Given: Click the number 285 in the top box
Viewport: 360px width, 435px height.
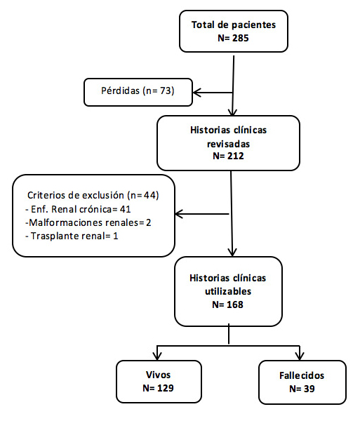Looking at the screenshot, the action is click(x=241, y=38).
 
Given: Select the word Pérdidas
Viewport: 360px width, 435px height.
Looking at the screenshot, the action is click(x=120, y=91).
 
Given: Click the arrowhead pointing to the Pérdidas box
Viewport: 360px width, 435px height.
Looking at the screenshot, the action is click(x=196, y=93).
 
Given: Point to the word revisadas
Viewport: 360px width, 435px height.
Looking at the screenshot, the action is click(x=228, y=144).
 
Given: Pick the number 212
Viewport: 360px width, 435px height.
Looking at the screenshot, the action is click(x=236, y=156).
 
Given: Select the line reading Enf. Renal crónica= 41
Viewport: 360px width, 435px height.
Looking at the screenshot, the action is click(x=78, y=209).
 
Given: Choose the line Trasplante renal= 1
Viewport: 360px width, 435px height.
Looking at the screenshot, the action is click(x=72, y=236).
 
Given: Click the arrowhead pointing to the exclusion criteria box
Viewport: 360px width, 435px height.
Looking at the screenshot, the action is click(x=179, y=214).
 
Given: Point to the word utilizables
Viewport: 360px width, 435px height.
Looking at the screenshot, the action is click(x=228, y=292).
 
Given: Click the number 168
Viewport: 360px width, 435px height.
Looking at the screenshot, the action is click(x=235, y=304).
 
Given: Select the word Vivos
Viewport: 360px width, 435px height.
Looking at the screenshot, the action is click(x=158, y=375).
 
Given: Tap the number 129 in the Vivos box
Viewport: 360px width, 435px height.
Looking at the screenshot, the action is click(x=166, y=388).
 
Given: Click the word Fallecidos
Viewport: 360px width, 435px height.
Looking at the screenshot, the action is click(x=302, y=375).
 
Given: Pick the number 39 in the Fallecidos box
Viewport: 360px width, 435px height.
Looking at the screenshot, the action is click(x=309, y=389).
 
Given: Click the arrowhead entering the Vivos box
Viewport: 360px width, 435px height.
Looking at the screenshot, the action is click(x=157, y=356).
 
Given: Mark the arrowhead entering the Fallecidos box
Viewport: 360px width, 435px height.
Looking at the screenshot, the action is click(x=300, y=356).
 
